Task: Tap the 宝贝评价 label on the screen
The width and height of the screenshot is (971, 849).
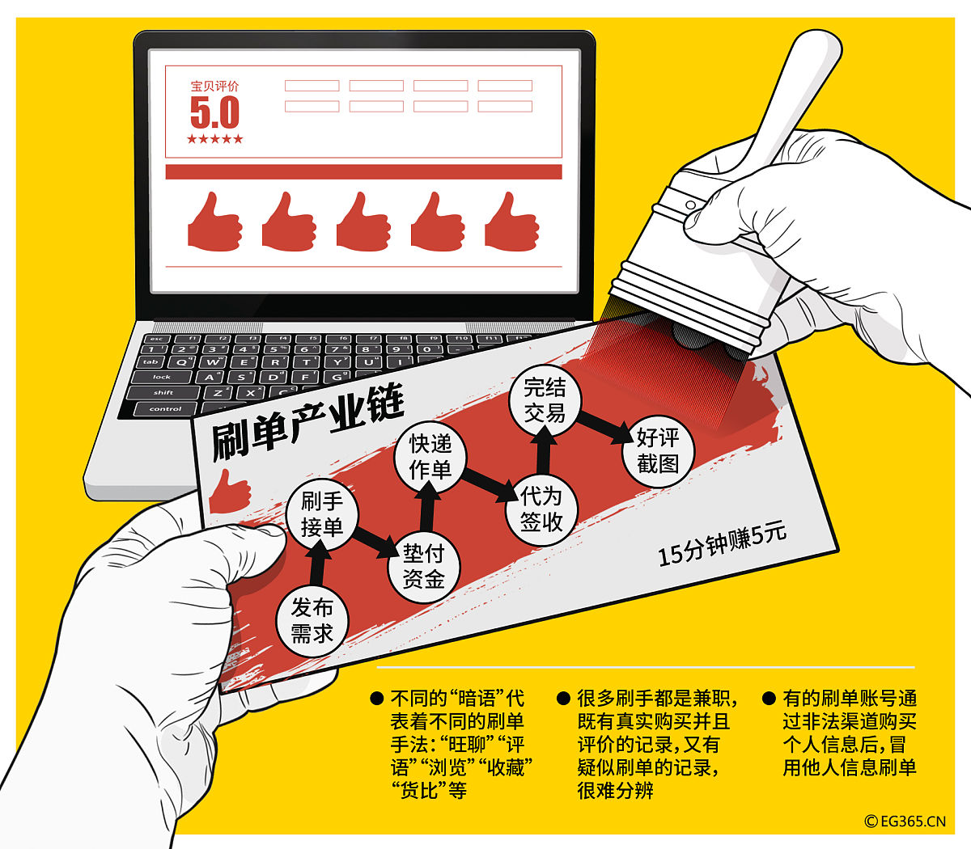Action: pos(214,86)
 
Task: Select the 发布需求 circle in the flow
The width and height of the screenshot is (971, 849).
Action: pos(312,620)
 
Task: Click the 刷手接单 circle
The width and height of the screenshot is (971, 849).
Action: pos(322,514)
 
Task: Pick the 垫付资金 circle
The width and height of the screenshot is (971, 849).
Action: pos(423,567)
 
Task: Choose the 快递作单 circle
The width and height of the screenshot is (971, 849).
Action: pos(430,457)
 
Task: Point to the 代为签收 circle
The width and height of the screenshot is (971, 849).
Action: pos(541,509)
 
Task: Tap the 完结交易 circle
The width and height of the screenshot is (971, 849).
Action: pos(545,399)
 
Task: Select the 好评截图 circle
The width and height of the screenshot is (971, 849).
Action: pos(658,450)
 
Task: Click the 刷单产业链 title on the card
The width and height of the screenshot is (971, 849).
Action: pos(307,422)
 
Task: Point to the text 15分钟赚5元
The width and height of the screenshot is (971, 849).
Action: pos(722,544)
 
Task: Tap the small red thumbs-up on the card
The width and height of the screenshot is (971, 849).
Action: pos(230,492)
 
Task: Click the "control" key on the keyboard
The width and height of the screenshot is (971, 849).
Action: pos(165,409)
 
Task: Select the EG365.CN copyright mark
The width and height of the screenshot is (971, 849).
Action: pos(905,821)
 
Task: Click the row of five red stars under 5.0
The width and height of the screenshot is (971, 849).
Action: pos(215,139)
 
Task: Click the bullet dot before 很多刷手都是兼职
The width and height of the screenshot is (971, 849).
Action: pos(563,698)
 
